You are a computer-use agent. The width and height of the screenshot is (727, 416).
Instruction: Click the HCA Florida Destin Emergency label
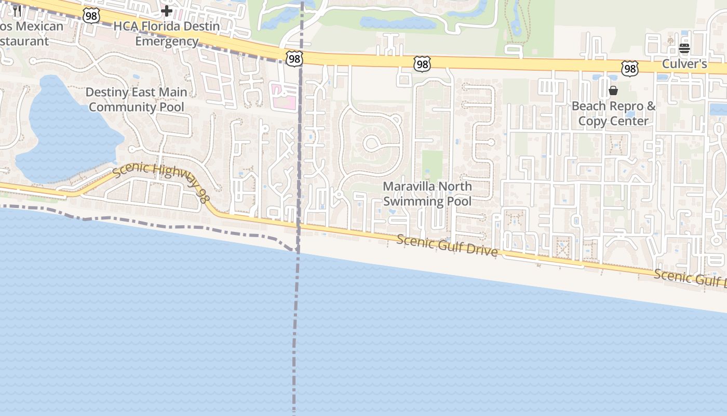point(167,33)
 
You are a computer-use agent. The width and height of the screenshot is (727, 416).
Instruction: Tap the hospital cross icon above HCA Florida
point(167,10)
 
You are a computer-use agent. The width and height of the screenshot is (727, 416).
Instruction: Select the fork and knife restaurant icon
point(17,11)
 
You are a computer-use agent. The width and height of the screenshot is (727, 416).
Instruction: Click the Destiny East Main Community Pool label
point(136,99)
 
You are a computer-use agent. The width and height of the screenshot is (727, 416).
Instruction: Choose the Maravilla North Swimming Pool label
point(427,193)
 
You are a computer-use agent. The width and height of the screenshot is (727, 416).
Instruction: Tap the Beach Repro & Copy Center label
point(613,113)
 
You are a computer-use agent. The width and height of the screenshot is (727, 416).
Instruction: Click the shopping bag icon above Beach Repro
point(613,91)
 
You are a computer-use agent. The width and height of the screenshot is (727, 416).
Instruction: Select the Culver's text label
point(684,64)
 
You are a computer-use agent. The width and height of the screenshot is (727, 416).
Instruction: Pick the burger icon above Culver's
point(684,49)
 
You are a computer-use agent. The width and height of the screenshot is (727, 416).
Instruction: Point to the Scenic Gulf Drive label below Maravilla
point(447,245)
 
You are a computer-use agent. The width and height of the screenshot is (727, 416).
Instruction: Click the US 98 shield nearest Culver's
point(629,68)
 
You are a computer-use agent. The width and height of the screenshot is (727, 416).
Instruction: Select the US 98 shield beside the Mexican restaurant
point(91,16)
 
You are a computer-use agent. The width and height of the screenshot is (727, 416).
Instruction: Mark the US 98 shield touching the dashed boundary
point(294,59)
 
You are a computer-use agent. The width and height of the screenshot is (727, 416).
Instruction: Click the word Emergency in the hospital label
point(167,41)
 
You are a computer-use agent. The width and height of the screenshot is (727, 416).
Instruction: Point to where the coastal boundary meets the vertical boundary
point(297,251)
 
